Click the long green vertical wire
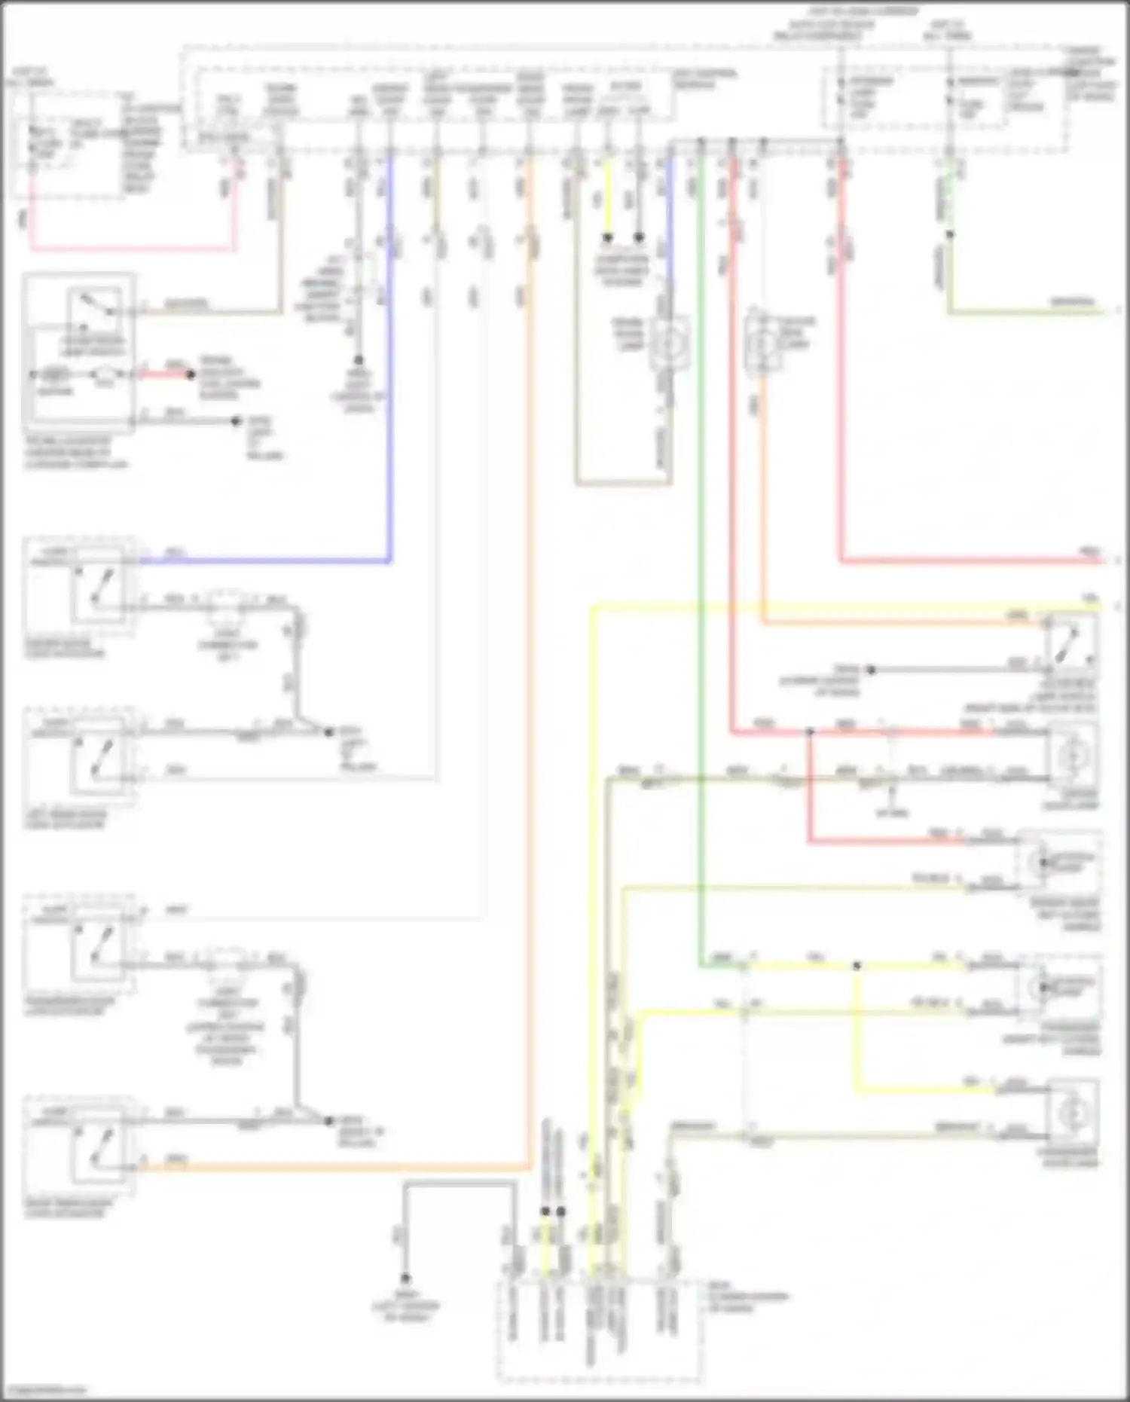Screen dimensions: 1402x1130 pos(701,527)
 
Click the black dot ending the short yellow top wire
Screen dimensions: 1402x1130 pos(607,237)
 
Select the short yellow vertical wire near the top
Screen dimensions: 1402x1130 pos(607,203)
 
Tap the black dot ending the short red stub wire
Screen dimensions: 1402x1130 pos(191,374)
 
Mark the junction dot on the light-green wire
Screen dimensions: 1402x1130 pos(949,234)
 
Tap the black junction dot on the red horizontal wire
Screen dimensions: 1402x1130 pos(810,731)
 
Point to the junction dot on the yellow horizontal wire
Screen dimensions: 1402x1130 pos(857,966)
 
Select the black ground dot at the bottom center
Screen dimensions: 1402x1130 pos(405,1278)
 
